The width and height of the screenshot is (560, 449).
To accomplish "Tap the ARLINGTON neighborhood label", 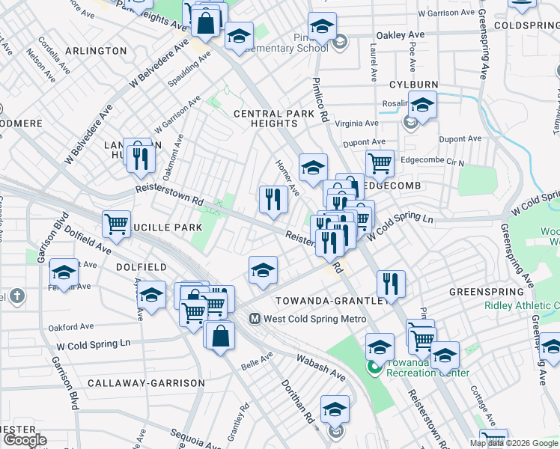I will tap(96, 51).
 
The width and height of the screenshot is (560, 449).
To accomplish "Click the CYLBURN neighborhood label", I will tap(413, 85).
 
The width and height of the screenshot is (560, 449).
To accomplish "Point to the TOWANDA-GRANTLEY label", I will tap(333, 300).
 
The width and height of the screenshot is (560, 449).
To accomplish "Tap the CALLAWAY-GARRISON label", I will tap(146, 383).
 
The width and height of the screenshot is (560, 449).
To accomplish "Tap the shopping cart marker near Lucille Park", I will tap(117, 223).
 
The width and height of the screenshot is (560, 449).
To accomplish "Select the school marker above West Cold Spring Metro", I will tap(263, 269).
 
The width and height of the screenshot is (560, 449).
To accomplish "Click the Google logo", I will tap(25, 440).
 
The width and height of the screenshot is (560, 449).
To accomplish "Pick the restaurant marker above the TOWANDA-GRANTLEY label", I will tap(391, 283).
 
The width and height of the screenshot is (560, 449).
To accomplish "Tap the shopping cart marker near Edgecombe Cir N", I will tap(380, 162).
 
